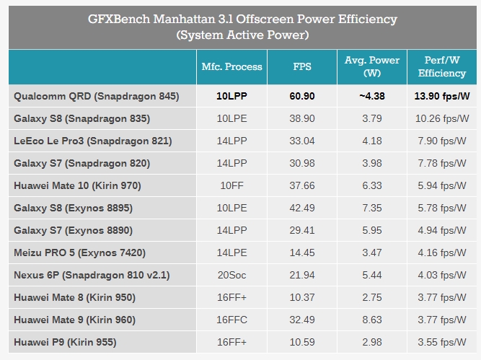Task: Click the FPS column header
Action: [x=302, y=67]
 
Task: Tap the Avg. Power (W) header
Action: [x=372, y=67]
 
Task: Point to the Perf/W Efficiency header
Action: [x=441, y=67]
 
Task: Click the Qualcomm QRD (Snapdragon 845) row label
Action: [x=96, y=96]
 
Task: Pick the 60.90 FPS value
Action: [x=302, y=96]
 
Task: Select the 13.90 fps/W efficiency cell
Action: [x=441, y=96]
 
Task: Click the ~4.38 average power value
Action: [x=372, y=96]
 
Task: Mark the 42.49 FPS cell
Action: [x=302, y=208]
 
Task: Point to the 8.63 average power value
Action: [x=372, y=320]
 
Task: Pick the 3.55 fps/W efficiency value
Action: [x=441, y=342]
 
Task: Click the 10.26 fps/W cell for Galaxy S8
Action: [x=441, y=118]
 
